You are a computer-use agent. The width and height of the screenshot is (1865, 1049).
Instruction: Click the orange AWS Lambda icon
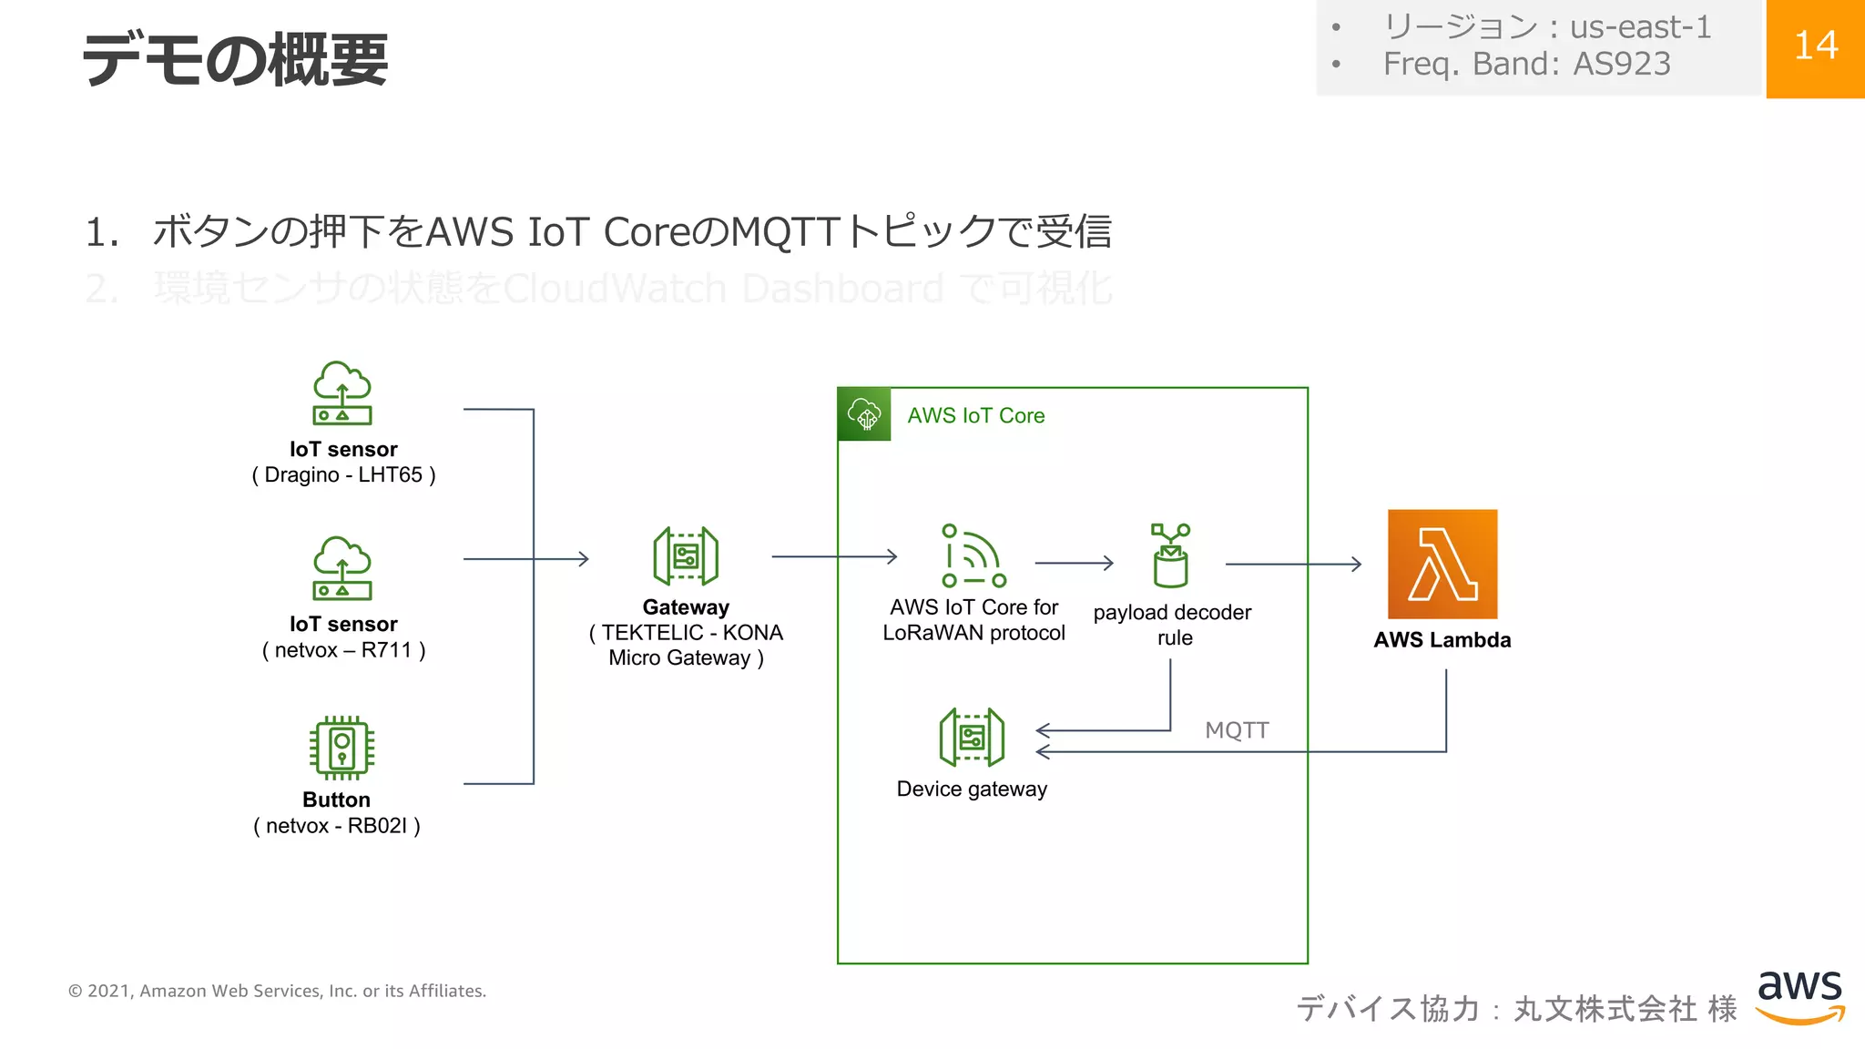pyautogui.click(x=1442, y=564)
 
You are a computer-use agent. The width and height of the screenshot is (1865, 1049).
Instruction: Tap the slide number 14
pyautogui.click(x=1815, y=46)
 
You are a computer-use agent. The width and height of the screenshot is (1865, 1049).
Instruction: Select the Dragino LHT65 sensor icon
pyautogui.click(x=342, y=393)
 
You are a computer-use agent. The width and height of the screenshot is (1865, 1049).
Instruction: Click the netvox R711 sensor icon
pyautogui.click(x=342, y=568)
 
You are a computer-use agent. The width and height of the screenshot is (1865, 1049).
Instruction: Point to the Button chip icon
pyautogui.click(x=341, y=748)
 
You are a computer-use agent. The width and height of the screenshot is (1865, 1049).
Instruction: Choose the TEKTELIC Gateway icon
pyautogui.click(x=686, y=556)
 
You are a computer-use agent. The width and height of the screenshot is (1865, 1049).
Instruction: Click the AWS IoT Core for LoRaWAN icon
pyautogui.click(x=973, y=555)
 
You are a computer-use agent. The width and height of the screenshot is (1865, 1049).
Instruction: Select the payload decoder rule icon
pyautogui.click(x=1171, y=555)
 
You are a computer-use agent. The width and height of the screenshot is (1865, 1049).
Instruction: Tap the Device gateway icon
pyautogui.click(x=972, y=738)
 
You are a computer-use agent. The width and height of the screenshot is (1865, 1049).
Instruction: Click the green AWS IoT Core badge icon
pyautogui.click(x=864, y=414)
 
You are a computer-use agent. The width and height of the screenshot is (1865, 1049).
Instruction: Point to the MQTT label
pyautogui.click(x=1237, y=730)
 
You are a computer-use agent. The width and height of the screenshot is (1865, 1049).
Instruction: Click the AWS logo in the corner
pyautogui.click(x=1799, y=996)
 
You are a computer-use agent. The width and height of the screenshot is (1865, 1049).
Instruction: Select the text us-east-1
pyautogui.click(x=1641, y=27)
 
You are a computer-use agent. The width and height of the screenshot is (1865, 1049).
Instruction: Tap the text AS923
pyautogui.click(x=1622, y=64)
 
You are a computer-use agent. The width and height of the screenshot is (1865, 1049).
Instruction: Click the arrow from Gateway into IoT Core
pyautogui.click(x=834, y=556)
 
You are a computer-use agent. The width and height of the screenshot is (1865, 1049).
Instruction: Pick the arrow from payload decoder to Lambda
pyautogui.click(x=1293, y=565)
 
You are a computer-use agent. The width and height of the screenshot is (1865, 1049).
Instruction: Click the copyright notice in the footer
pyautogui.click(x=278, y=991)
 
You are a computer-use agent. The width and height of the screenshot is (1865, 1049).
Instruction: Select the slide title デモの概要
pyautogui.click(x=235, y=60)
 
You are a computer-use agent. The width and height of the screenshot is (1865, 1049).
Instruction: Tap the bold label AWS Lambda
pyautogui.click(x=1442, y=640)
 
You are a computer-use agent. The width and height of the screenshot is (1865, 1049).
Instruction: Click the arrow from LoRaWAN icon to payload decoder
pyautogui.click(x=1075, y=564)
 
